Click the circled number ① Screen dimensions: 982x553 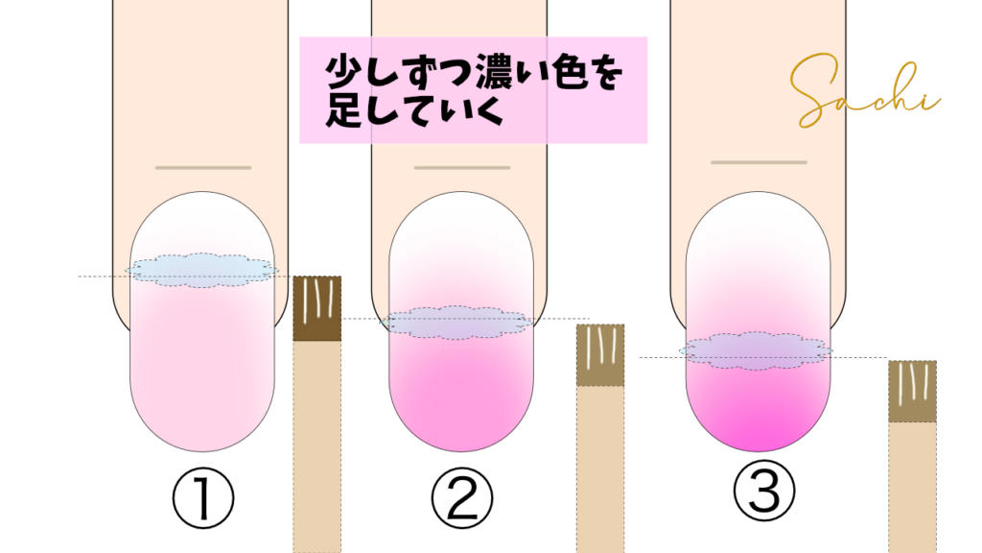(x=203, y=499)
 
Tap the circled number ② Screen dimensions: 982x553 (x=462, y=499)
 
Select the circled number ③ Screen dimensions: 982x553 (x=764, y=490)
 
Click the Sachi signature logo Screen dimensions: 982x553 (x=864, y=91)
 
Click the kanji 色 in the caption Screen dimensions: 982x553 (x=570, y=71)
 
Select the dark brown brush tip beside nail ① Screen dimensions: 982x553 (x=317, y=308)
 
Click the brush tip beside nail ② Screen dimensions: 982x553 (x=600, y=355)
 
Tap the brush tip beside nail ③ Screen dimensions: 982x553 (x=913, y=392)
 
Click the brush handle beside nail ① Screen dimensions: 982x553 (x=317, y=446)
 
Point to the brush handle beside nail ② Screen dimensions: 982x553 (x=600, y=469)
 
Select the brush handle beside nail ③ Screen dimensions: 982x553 (x=913, y=487)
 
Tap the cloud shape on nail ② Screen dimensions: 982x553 (x=458, y=323)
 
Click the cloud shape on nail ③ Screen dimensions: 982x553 (x=757, y=350)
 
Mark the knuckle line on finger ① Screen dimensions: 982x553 (x=203, y=168)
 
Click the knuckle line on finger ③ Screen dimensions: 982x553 (x=760, y=162)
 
